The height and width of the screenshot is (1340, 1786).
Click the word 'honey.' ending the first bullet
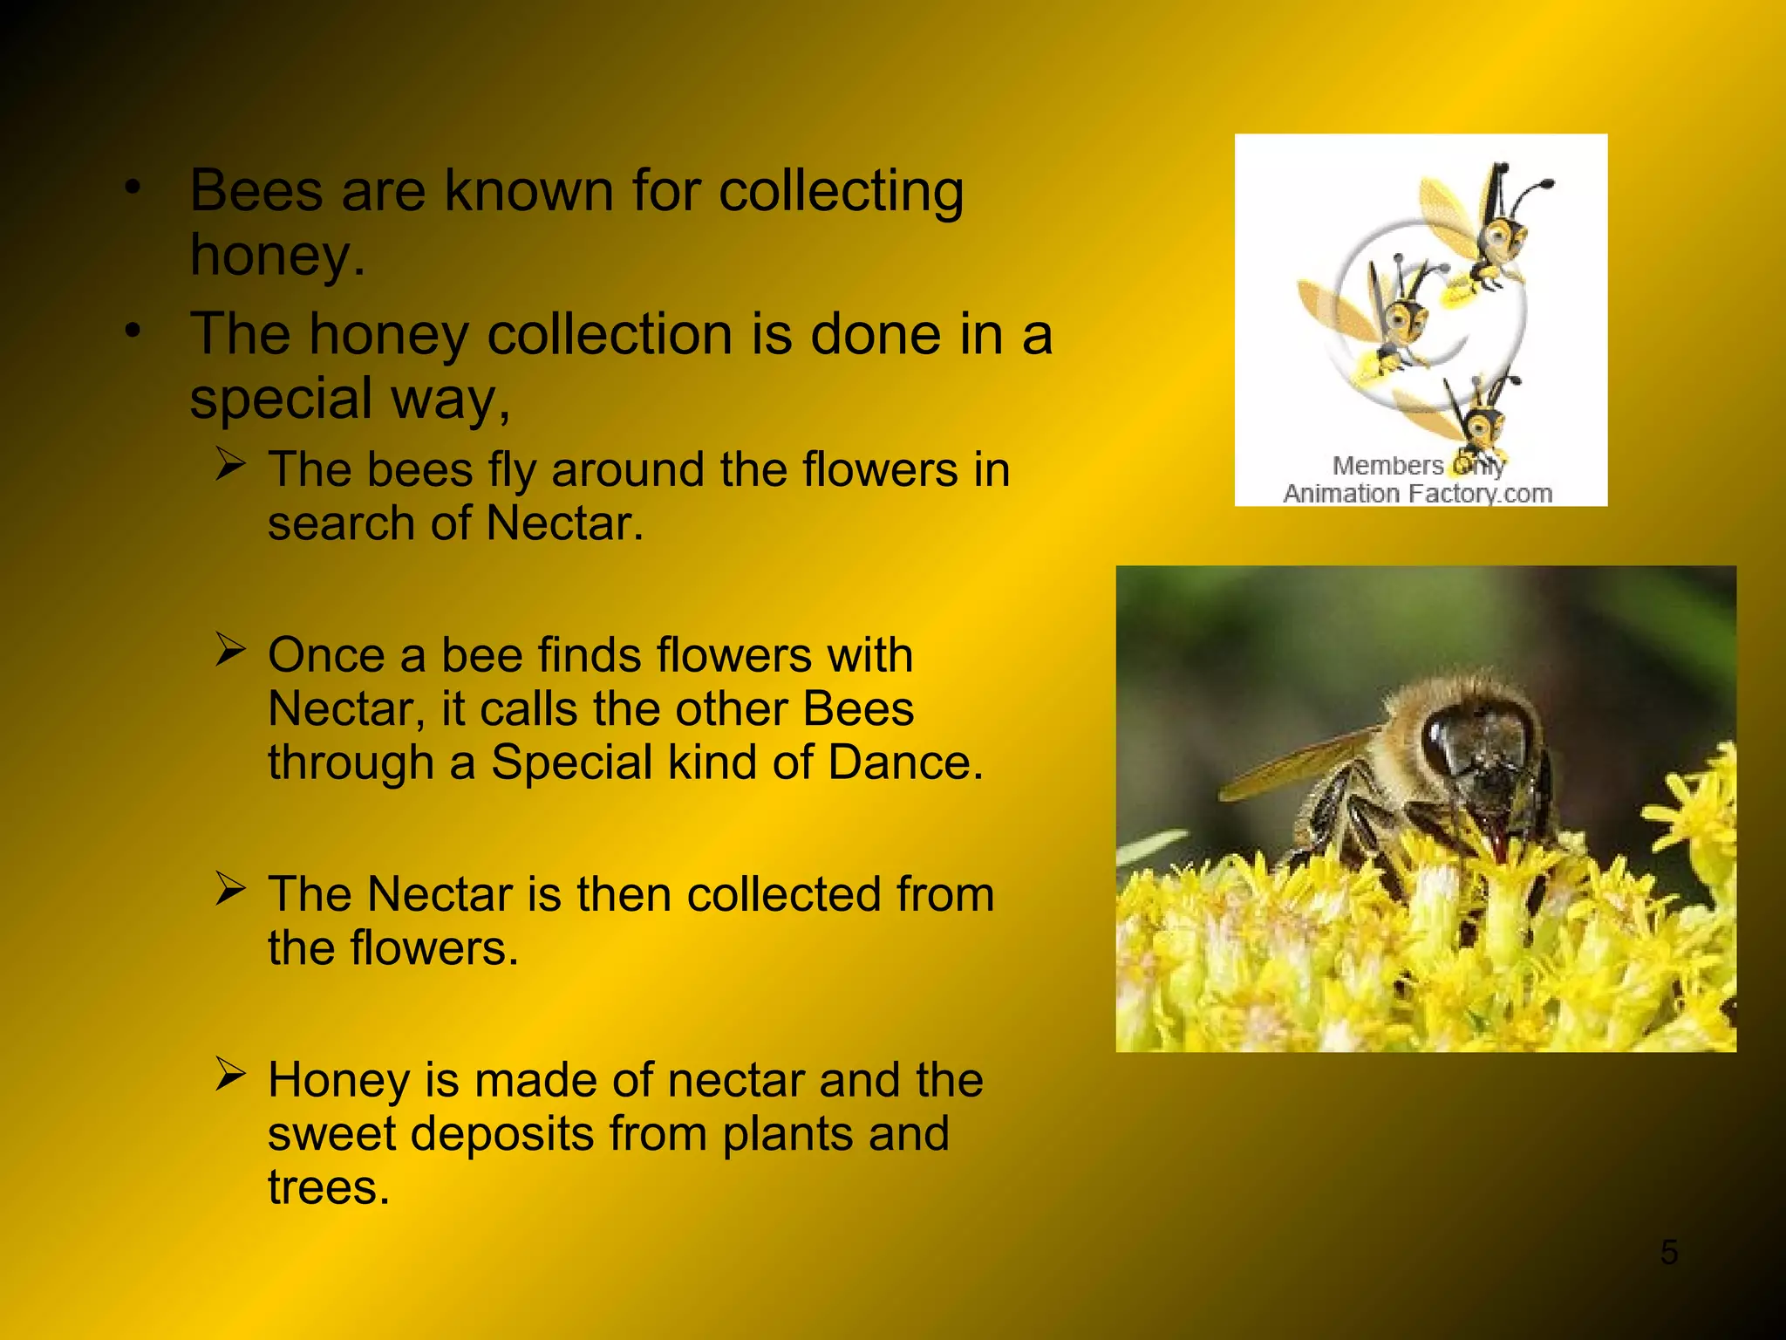point(277,256)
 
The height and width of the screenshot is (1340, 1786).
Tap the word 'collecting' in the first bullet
point(841,191)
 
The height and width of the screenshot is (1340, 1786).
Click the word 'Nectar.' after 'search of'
point(564,524)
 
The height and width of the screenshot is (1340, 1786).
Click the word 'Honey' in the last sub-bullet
point(338,1080)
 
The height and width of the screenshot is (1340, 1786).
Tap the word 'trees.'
point(329,1187)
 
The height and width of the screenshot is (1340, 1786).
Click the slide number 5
point(1668,1253)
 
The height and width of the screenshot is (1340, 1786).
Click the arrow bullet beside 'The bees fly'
point(231,464)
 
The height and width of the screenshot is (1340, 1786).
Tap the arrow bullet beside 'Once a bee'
point(231,649)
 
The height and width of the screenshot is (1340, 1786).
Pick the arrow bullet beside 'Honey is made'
point(231,1074)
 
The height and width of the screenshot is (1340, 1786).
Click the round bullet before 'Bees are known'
point(132,187)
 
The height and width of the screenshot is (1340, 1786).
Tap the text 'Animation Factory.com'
point(1417,494)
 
